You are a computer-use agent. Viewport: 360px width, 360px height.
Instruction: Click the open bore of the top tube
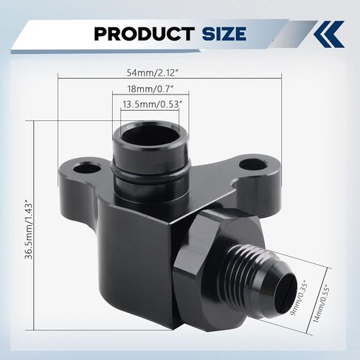(151, 136)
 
